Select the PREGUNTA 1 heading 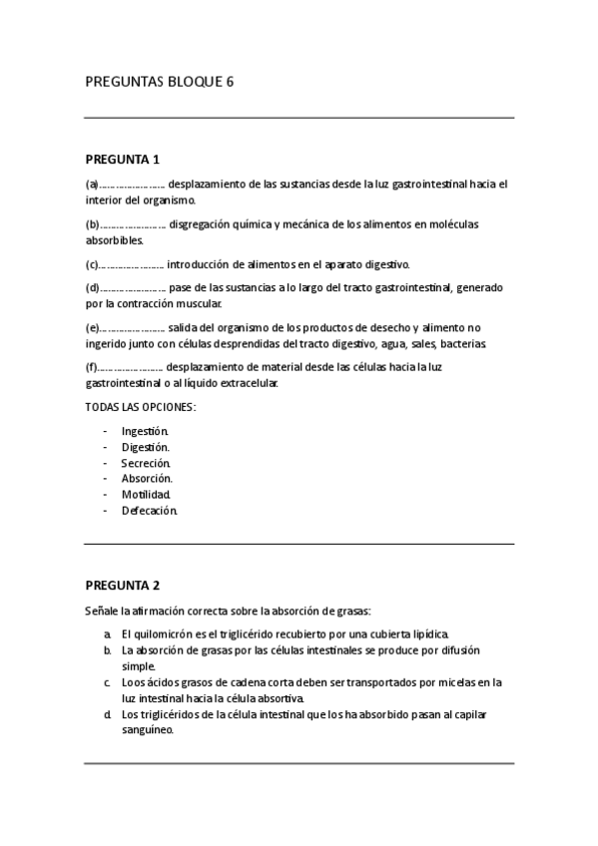point(122,159)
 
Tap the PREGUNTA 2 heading point(122,586)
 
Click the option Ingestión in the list point(146,431)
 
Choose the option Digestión point(146,447)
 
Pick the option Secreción point(146,463)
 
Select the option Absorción point(147,479)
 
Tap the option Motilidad point(146,495)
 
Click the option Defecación point(149,511)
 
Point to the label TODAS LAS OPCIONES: point(140,407)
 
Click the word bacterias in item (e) point(460,343)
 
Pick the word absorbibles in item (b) point(115,239)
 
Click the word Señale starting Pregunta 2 point(101,611)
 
